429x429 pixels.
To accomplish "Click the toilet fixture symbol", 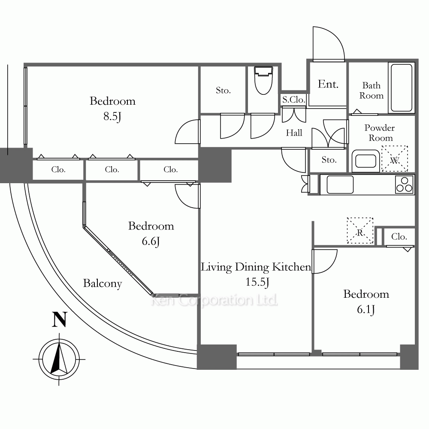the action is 263,80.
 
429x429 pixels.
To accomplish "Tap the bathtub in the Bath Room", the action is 402,88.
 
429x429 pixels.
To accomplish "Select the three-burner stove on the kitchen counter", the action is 404,184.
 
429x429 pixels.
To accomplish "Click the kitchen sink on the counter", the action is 340,184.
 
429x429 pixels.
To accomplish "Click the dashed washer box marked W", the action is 395,159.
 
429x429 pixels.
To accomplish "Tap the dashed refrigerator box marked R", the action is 360,230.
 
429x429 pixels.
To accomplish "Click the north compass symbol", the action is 59,359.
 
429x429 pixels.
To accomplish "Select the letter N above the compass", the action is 60,320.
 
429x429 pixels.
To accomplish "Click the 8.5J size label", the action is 112,117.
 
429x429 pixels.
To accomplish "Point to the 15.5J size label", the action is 257,282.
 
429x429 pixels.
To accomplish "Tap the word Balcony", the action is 103,284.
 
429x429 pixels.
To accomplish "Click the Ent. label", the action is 328,84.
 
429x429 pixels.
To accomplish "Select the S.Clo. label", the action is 293,100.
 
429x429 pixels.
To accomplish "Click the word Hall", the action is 294,133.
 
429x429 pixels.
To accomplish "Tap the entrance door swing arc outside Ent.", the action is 329,44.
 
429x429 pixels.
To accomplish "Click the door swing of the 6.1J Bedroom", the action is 325,261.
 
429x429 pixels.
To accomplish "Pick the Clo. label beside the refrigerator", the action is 399,237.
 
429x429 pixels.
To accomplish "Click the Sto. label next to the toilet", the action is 223,90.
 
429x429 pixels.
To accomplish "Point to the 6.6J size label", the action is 151,241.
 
